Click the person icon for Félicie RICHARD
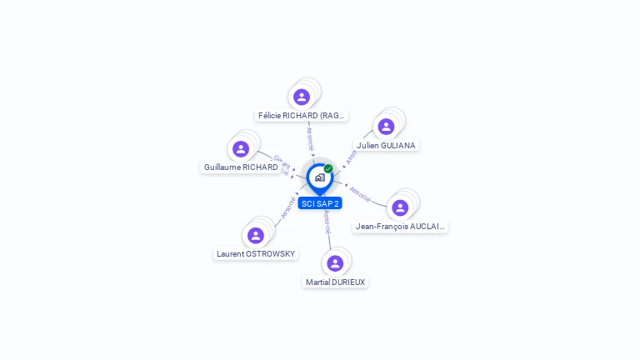click(302, 97)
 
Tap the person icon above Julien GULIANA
click(386, 127)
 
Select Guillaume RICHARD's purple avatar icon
click(241, 149)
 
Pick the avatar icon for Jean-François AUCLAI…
click(400, 207)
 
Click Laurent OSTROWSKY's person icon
click(256, 235)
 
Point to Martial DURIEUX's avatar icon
click(335, 263)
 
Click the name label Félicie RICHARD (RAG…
click(302, 116)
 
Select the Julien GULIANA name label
click(386, 145)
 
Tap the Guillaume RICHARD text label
click(241, 167)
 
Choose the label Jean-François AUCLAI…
click(400, 226)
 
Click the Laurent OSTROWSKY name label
click(256, 254)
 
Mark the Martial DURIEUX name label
click(335, 282)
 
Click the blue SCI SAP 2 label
click(320, 203)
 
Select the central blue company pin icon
click(319, 177)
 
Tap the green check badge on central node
click(328, 168)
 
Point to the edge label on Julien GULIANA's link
click(352, 156)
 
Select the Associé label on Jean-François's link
click(360, 193)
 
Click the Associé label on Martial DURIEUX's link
click(327, 221)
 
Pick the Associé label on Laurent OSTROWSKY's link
click(288, 207)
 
